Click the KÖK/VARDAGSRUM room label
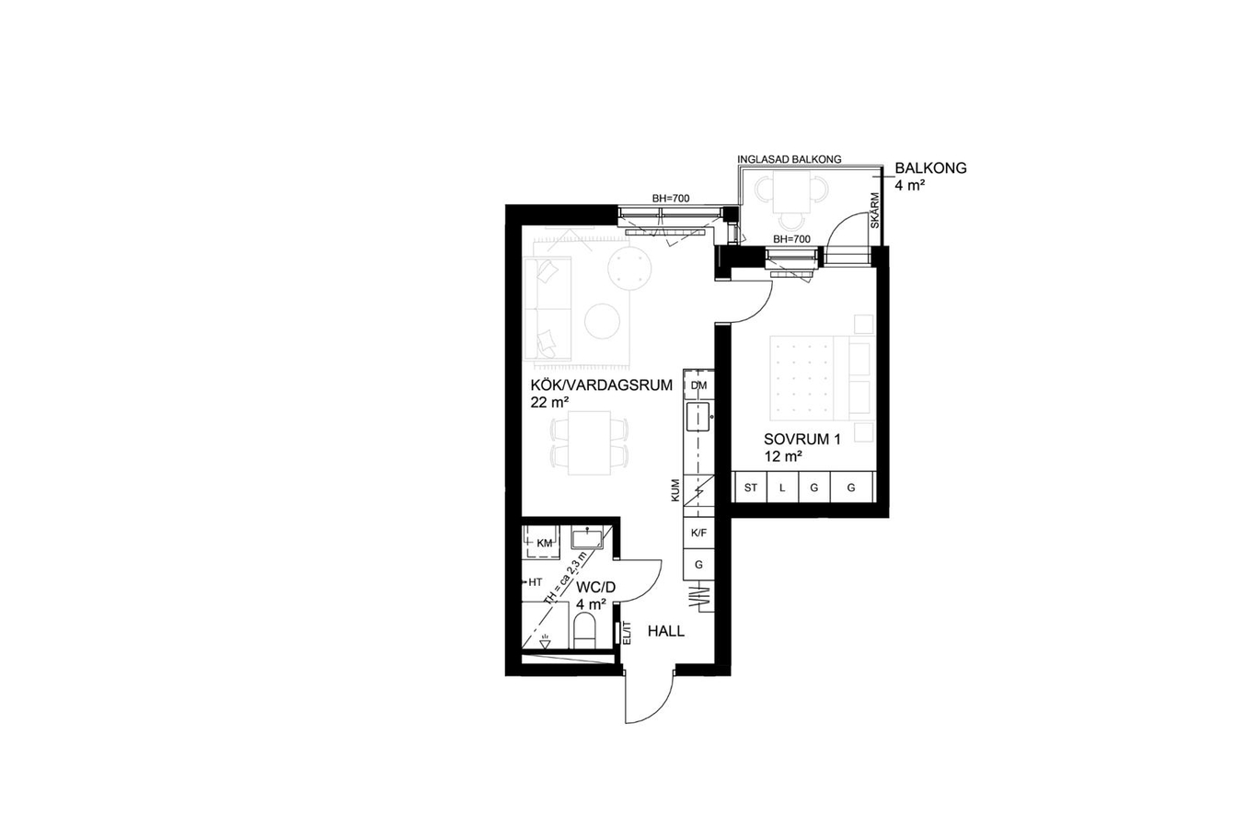point(602,385)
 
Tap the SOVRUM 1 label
point(801,439)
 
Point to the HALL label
point(666,631)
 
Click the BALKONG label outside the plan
point(930,167)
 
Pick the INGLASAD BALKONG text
point(789,159)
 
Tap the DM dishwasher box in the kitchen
point(698,385)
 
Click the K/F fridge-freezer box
point(698,533)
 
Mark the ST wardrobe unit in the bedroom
point(751,488)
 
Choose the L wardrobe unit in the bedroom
point(782,488)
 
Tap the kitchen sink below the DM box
point(698,416)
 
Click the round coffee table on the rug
point(602,321)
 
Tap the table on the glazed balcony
point(791,191)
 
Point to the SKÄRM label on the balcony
point(874,211)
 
